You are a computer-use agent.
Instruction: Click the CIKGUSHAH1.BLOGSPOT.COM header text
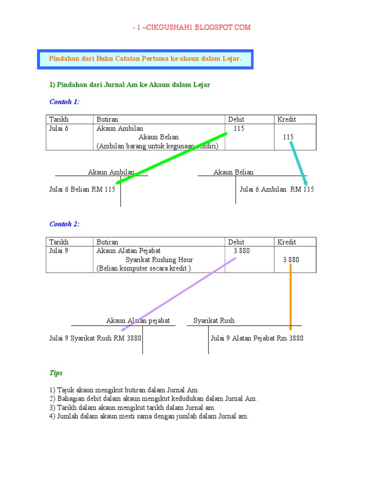tap(192, 28)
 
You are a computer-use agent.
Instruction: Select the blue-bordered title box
tap(145, 59)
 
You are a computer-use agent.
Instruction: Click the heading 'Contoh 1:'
tap(64, 102)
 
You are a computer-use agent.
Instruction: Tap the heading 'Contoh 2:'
tap(64, 224)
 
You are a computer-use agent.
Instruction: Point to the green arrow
tap(172, 158)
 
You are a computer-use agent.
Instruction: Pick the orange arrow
tap(290, 297)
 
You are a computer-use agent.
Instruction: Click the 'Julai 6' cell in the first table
tap(59, 129)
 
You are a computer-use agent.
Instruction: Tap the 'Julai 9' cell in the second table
tap(59, 251)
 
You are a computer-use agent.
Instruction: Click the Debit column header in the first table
tap(236, 120)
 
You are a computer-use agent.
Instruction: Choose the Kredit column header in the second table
tap(287, 242)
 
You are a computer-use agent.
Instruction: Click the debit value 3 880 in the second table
tap(241, 251)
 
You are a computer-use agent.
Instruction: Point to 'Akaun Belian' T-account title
tap(234, 172)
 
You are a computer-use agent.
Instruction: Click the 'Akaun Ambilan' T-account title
tap(111, 172)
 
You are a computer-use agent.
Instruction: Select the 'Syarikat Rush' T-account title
tap(214, 320)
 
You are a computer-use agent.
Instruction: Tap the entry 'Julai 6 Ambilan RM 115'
tap(277, 189)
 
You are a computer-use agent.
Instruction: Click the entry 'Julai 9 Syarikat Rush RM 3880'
tap(95, 338)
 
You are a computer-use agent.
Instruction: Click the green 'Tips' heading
tap(56, 373)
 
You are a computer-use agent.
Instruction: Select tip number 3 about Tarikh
tap(132, 408)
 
